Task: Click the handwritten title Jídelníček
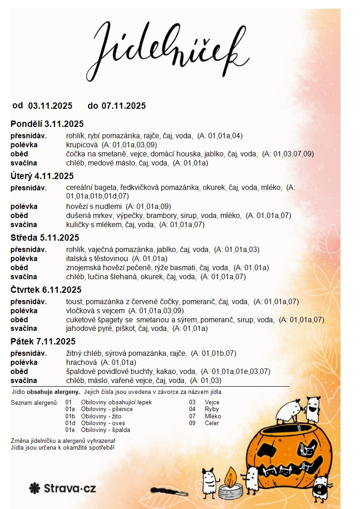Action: coord(172,48)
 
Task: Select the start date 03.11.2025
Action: coord(50,106)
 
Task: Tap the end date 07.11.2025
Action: coord(123,106)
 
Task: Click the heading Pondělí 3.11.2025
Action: coord(47,124)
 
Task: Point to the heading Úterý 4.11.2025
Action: coord(42,176)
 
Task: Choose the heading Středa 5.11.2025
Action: coord(45,238)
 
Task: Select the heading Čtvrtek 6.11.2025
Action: coord(46,290)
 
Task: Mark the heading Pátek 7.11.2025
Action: coord(43,341)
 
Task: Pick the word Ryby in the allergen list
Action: coord(212,409)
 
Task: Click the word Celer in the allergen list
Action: coord(212,423)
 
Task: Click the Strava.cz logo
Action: coord(63,488)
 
